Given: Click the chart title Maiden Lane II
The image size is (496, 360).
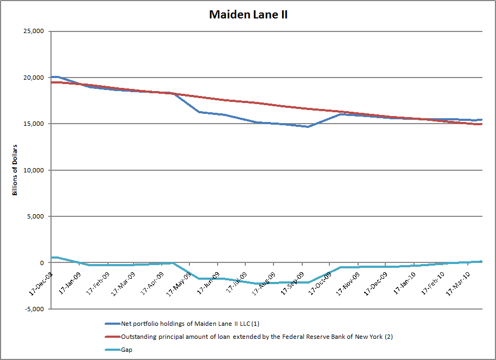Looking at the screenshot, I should tap(248, 15).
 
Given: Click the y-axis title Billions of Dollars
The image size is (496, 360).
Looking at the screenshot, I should tap(15, 170).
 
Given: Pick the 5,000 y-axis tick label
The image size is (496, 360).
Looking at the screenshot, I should tap(34, 216).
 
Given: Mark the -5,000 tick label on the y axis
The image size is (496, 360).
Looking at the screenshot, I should tap(33, 309).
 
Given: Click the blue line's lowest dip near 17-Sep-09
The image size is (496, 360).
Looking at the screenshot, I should tap(308, 127).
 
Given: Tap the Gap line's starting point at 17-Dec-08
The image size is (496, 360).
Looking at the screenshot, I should tap(52, 258).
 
